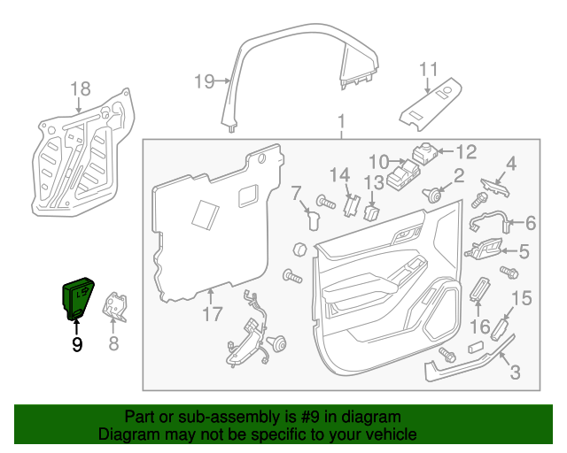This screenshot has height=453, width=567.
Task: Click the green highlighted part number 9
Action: pos(77,296)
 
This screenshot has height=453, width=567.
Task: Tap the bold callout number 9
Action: pos(77,344)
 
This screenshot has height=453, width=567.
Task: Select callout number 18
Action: pos(80,88)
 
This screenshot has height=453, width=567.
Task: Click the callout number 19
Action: pos(204,82)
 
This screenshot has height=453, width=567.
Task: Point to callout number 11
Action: pos(429,69)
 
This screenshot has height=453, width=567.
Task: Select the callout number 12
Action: pos(466,150)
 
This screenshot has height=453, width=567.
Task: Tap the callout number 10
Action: pos(378,161)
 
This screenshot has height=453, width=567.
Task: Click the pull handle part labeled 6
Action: pos(487,221)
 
